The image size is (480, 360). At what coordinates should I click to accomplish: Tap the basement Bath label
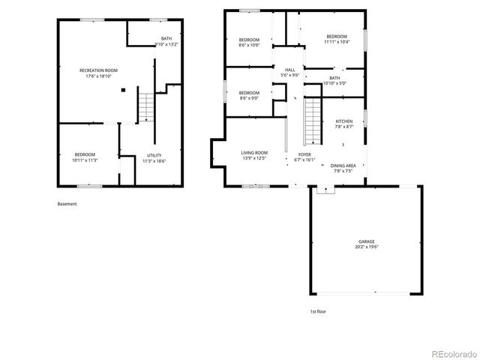(166, 38)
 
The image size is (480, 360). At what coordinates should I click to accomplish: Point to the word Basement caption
(67, 203)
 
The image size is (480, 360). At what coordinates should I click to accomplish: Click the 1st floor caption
(318, 311)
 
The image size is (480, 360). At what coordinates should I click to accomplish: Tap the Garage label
(367, 241)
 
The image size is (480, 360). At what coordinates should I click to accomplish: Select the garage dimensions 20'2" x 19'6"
(367, 247)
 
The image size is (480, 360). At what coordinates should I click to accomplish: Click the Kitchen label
(344, 121)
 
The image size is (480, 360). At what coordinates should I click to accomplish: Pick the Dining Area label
(343, 165)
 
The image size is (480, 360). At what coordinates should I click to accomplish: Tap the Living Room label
(253, 153)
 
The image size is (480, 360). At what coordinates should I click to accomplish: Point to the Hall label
(289, 70)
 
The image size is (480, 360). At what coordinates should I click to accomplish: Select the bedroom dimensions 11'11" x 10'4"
(337, 42)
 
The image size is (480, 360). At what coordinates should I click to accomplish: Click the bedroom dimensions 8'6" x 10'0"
(249, 45)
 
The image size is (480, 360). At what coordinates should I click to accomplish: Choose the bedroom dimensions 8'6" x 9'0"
(249, 98)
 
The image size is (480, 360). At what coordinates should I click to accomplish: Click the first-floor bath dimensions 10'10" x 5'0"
(334, 83)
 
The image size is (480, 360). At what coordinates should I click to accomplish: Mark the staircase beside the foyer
(312, 124)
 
